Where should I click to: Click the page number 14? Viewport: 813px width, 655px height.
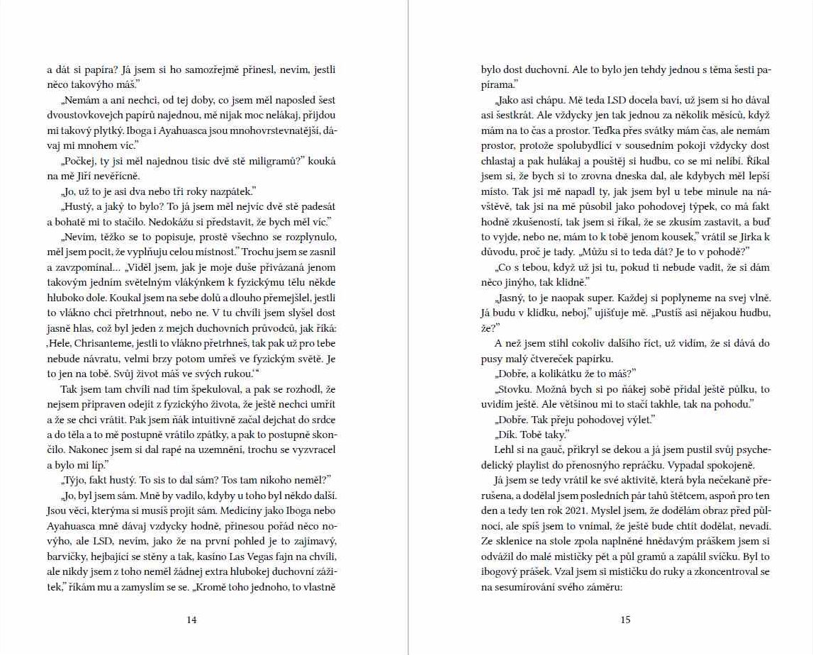[191, 620]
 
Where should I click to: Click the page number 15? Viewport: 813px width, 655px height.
[625, 620]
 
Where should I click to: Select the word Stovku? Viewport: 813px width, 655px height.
[513, 390]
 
